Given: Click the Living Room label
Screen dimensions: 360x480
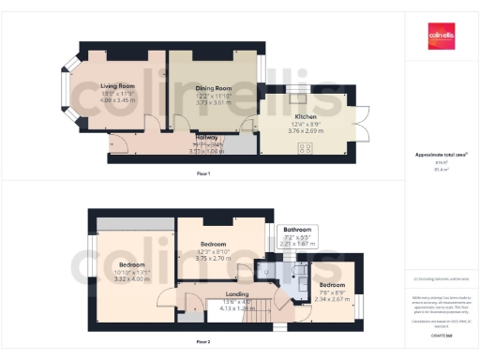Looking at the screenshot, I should point(118,85).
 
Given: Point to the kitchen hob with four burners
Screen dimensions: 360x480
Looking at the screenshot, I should point(305,148).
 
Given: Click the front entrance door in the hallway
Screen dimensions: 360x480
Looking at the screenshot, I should point(119,142).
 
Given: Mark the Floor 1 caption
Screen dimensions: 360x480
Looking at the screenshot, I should point(203,173).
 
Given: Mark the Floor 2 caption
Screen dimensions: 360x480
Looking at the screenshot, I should point(217,343).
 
